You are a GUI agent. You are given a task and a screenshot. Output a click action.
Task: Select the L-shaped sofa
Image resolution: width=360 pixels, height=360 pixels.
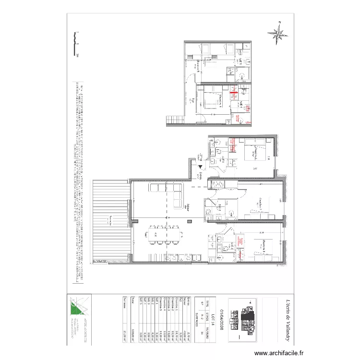point(168,194)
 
